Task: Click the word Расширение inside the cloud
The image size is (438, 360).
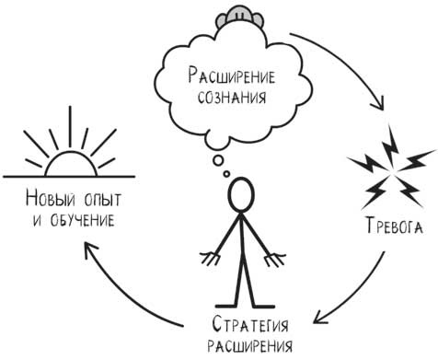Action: (235, 75)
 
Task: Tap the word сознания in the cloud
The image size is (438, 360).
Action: (236, 98)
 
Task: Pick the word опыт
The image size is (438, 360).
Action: (103, 200)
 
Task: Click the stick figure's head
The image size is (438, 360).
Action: (241, 194)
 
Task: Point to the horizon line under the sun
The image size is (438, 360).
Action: (68, 178)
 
